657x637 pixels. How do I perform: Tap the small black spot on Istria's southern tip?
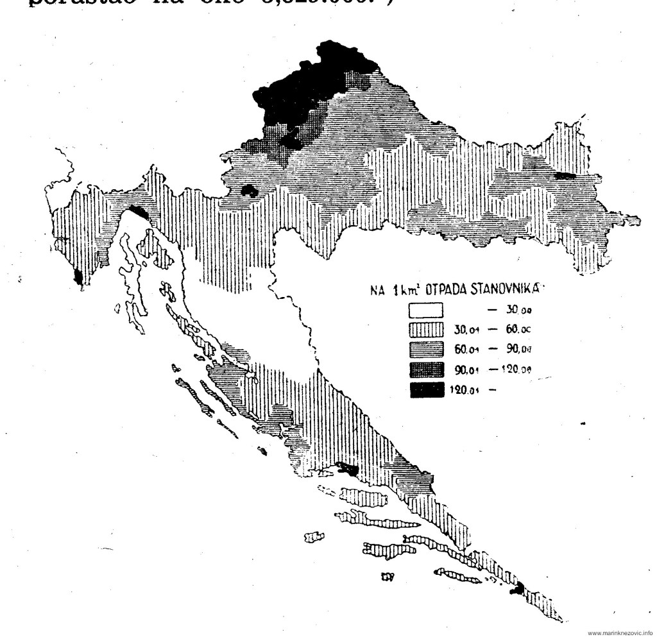coord(78,276)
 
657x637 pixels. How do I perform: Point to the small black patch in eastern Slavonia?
coord(564,175)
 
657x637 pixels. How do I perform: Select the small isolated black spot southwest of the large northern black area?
coord(248,191)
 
